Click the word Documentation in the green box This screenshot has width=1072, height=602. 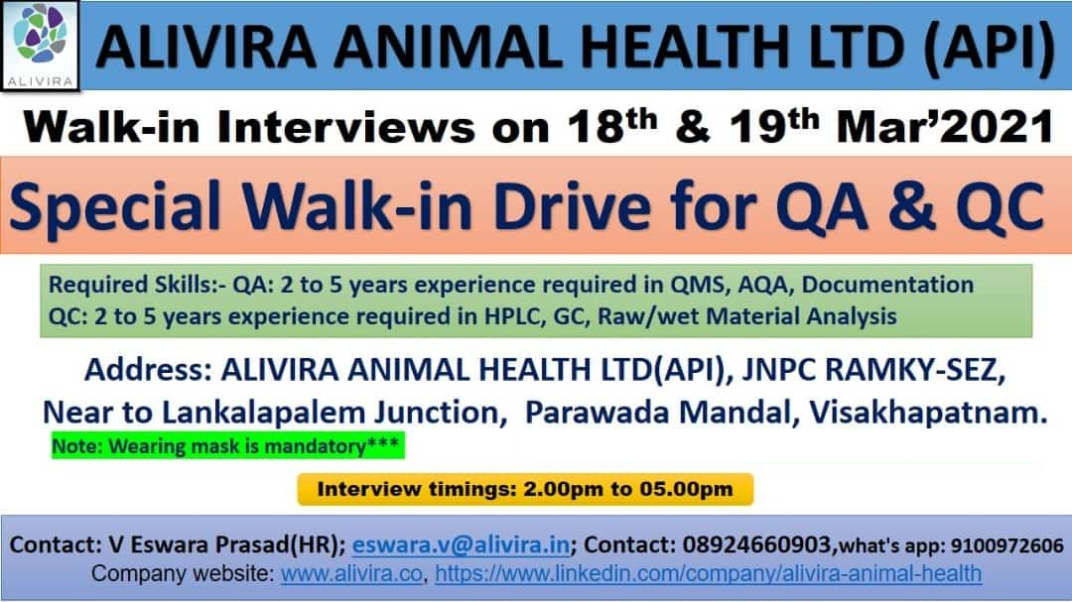(887, 286)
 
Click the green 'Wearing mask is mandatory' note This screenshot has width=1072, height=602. (227, 446)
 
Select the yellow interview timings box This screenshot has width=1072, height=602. (525, 489)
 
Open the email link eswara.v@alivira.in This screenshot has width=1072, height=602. (461, 544)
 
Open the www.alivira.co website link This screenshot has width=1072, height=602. (353, 573)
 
